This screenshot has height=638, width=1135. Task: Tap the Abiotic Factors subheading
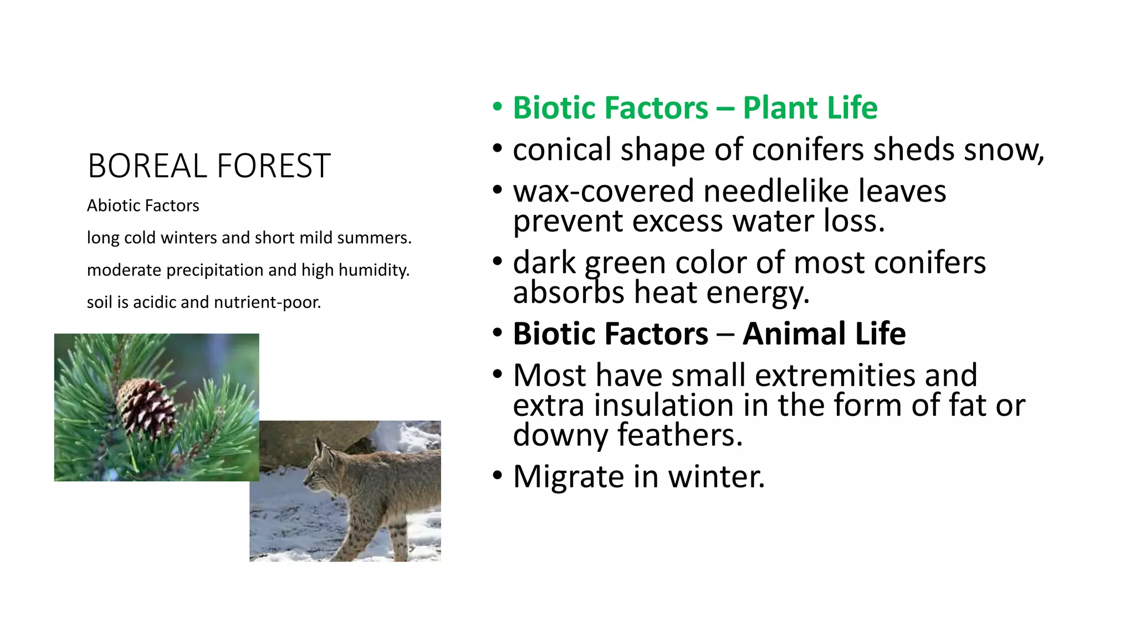pyautogui.click(x=143, y=205)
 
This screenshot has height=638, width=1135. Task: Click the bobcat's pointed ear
pyautogui.click(x=319, y=444)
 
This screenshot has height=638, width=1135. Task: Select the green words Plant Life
pyautogui.click(x=810, y=107)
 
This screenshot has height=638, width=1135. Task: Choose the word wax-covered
pyautogui.click(x=603, y=191)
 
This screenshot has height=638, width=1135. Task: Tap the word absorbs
pyautogui.click(x=569, y=292)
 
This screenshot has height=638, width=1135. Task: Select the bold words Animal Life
pyautogui.click(x=824, y=333)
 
